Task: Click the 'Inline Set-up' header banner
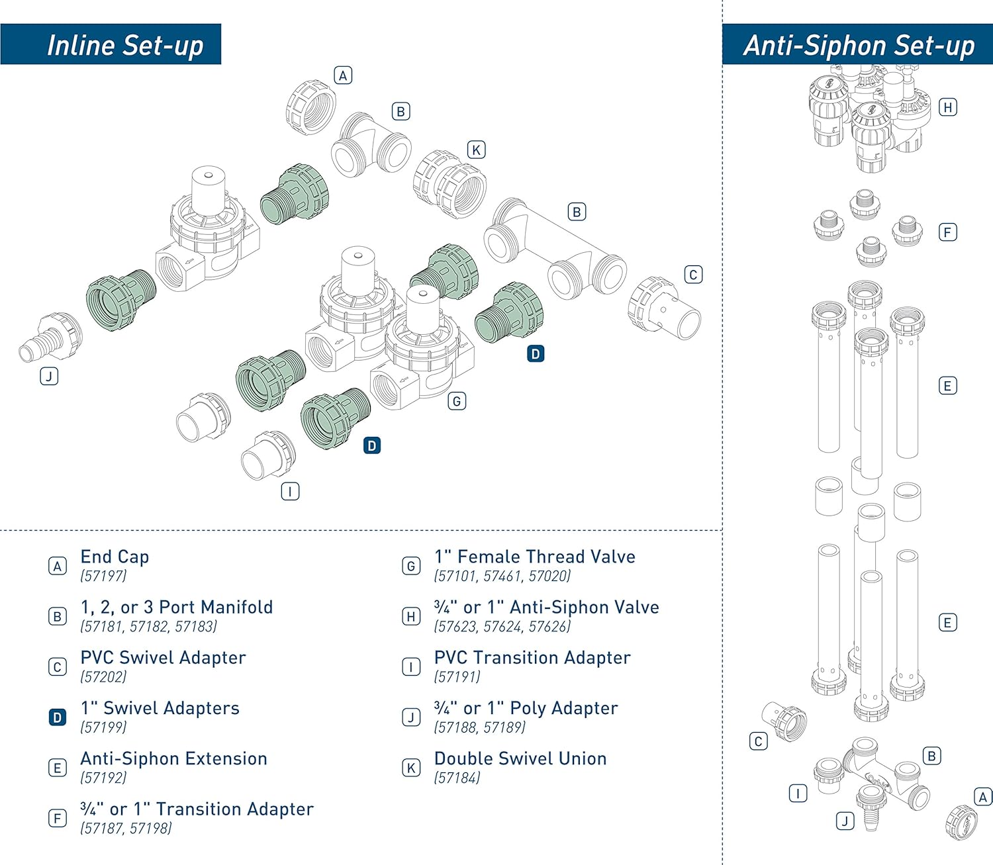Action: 111,44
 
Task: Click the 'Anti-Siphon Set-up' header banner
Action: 857,44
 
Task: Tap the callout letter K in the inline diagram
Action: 476,150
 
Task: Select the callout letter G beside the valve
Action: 457,401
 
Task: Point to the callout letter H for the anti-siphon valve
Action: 948,107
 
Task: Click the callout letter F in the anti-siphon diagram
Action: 948,232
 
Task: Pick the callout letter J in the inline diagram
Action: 49,376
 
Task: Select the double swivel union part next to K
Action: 450,184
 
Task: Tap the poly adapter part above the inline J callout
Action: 51,337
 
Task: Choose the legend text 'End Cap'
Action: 115,557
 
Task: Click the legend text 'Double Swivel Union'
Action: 520,758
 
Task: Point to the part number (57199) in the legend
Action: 103,727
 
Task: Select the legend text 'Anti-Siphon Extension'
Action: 173,758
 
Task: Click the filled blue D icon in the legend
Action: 58,717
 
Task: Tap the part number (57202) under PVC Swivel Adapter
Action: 103,677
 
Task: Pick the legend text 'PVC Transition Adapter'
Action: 532,657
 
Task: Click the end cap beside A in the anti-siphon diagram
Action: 961,822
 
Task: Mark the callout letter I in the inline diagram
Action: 290,492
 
